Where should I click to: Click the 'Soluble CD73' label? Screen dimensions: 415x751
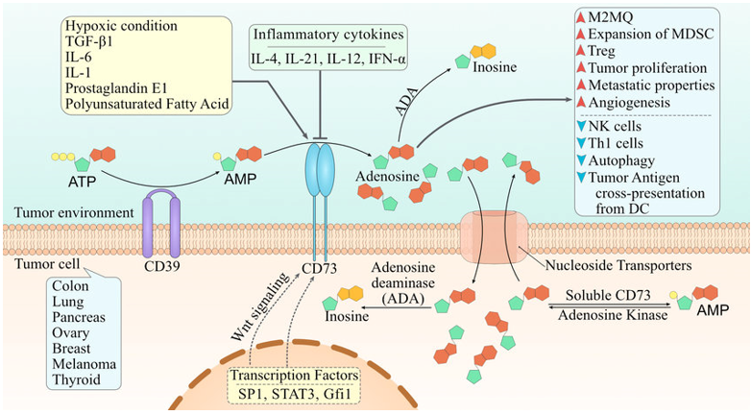click(608, 292)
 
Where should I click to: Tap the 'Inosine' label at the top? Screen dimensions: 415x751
click(511, 67)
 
